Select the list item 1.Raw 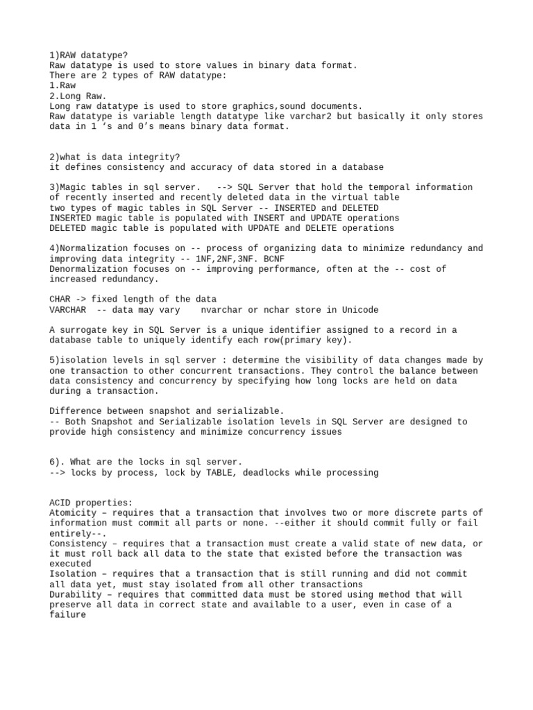[x=62, y=86]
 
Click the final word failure [x=68, y=615]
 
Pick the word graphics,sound [x=282, y=106]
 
